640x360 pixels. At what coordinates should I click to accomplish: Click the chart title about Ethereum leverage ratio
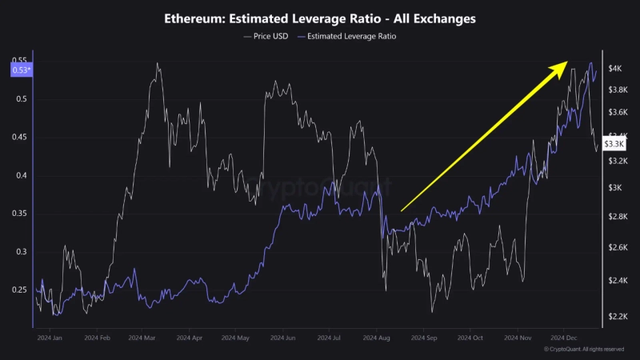click(x=319, y=18)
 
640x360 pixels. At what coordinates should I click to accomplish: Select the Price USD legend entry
click(x=267, y=36)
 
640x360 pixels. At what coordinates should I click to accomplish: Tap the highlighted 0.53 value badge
click(x=20, y=70)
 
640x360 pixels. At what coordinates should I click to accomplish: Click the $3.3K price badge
click(x=614, y=144)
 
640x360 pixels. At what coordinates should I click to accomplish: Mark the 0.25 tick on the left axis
click(x=20, y=290)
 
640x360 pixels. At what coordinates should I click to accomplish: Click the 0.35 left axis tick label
click(x=20, y=214)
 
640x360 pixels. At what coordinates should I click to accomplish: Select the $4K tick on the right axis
click(x=614, y=70)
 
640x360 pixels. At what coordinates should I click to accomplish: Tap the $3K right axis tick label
click(x=614, y=188)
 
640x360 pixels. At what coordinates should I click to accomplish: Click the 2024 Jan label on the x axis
click(x=50, y=338)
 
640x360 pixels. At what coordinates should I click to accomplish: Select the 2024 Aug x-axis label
click(x=378, y=338)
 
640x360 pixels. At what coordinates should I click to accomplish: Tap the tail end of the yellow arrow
click(x=401, y=210)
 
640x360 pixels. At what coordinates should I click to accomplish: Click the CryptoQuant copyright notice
click(x=584, y=350)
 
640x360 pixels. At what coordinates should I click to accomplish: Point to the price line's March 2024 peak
click(x=157, y=63)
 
